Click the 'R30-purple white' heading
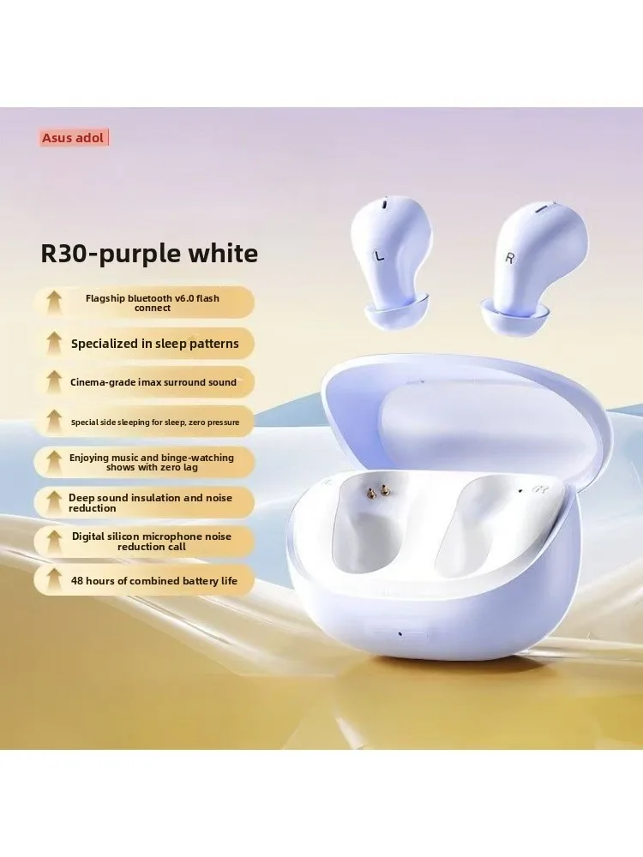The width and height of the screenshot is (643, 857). (x=149, y=254)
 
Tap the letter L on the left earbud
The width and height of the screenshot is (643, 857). (x=379, y=255)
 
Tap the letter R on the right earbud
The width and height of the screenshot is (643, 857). (x=509, y=257)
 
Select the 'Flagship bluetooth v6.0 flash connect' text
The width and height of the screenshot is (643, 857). (x=153, y=303)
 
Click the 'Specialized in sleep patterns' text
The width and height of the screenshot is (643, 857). (x=154, y=344)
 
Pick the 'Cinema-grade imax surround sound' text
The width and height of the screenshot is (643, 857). (x=153, y=382)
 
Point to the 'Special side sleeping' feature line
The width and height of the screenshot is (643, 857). (x=155, y=422)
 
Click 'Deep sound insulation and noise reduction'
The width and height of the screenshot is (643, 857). (x=150, y=503)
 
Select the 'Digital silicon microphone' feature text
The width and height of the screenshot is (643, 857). (x=152, y=542)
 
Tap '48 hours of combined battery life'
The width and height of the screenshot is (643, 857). (x=154, y=581)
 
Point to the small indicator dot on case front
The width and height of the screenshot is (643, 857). (x=400, y=634)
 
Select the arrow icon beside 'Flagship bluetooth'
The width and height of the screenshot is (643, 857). (x=53, y=303)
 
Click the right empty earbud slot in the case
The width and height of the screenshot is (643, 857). (x=481, y=524)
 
